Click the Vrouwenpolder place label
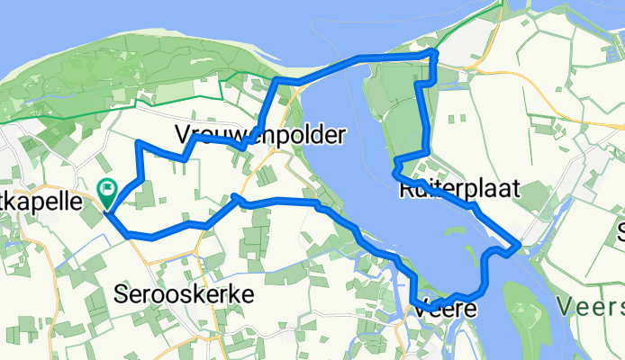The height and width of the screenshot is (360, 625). (x=261, y=136)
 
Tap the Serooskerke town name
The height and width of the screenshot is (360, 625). (x=185, y=294)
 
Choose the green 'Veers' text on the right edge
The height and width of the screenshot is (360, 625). (x=590, y=307)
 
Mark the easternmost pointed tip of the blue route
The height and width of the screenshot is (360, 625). (x=519, y=245)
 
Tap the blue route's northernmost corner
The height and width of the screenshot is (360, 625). (x=434, y=53)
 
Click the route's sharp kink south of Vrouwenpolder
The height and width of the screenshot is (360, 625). (x=235, y=195)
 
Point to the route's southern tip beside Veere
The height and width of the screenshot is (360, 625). (x=417, y=306)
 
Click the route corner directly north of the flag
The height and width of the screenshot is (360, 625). (x=138, y=143)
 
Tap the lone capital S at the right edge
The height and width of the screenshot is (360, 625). (x=620, y=234)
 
